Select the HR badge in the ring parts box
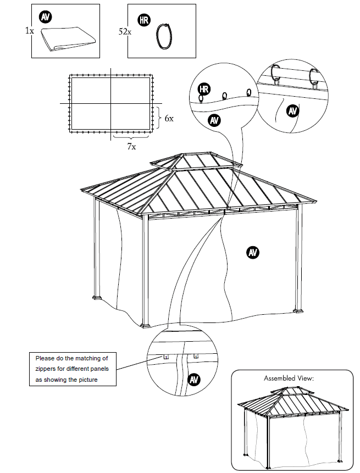coord(144,20)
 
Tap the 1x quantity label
coord(29,31)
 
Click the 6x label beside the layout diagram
coord(169,118)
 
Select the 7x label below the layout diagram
coord(131,147)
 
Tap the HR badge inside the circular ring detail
coord(204,89)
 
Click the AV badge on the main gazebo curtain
coord(253,252)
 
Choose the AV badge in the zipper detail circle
coord(193,379)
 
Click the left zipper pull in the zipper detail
coord(166,357)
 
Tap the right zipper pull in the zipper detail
coord(195,357)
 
